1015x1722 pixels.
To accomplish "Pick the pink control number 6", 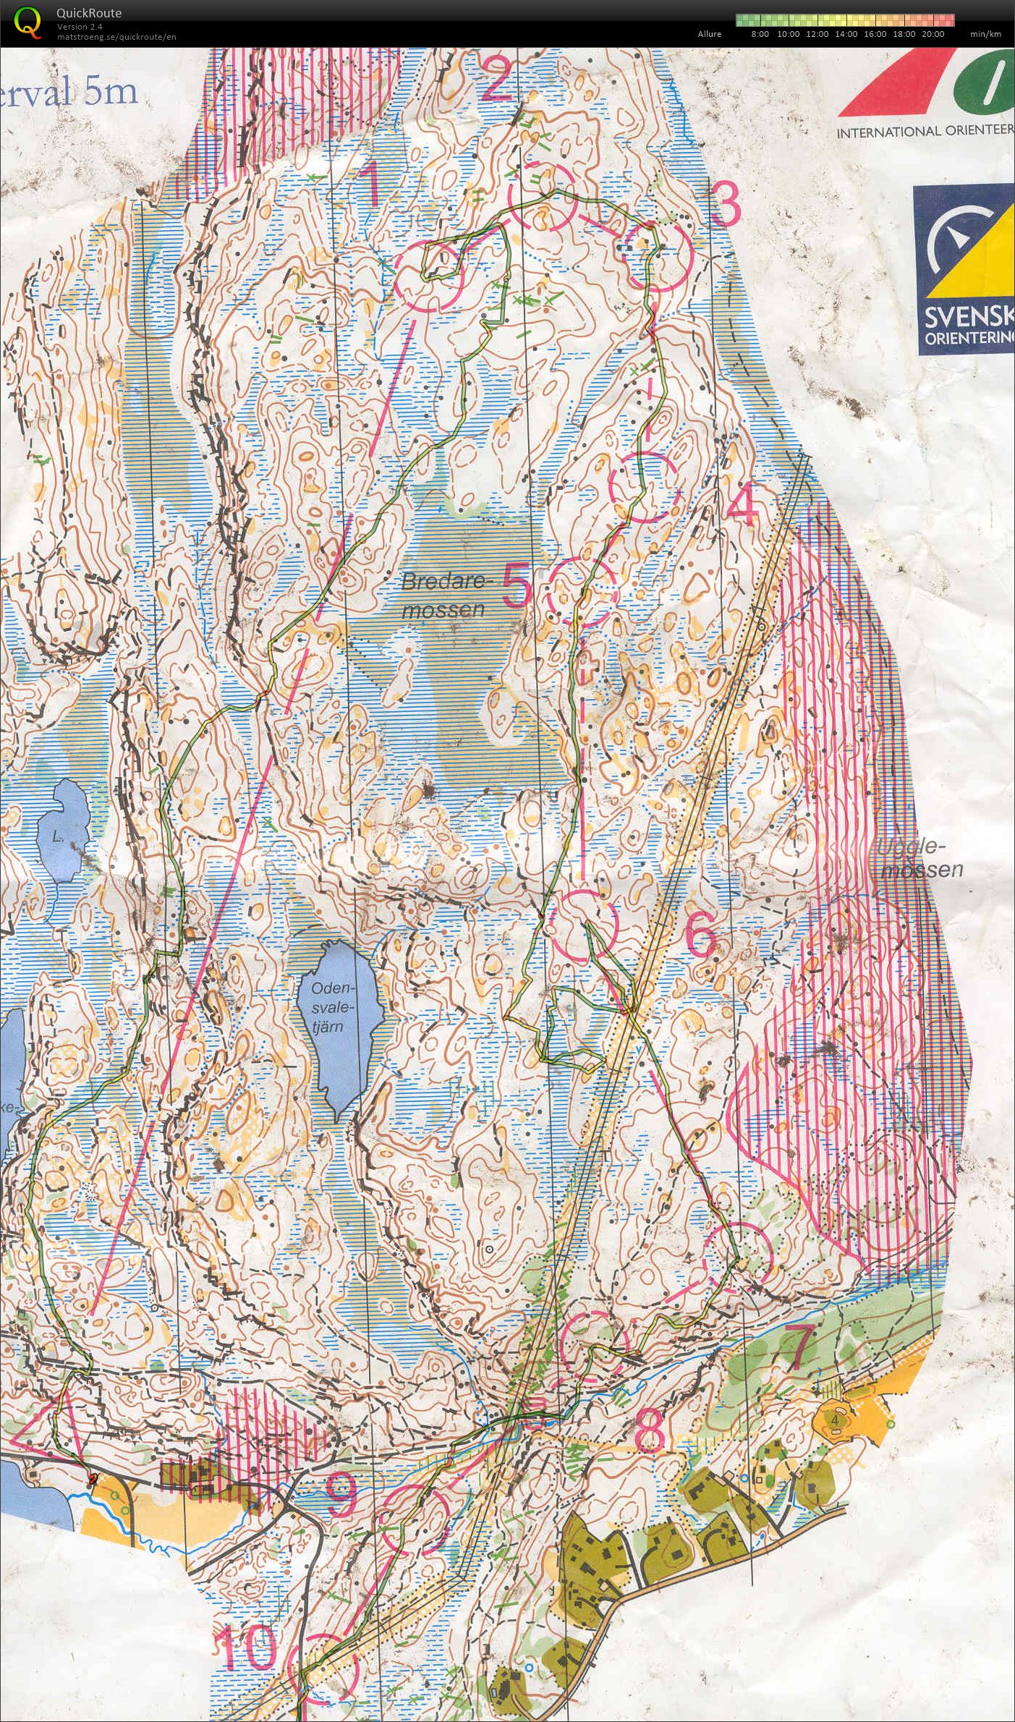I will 700,938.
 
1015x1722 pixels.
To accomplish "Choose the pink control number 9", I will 341,1496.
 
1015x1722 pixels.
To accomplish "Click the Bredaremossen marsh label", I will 443,595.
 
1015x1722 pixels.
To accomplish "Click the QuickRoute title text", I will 88,12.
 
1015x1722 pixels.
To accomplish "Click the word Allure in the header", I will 709,34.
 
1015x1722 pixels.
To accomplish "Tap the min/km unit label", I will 985,34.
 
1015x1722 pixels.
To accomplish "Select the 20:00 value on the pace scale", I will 933,34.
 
